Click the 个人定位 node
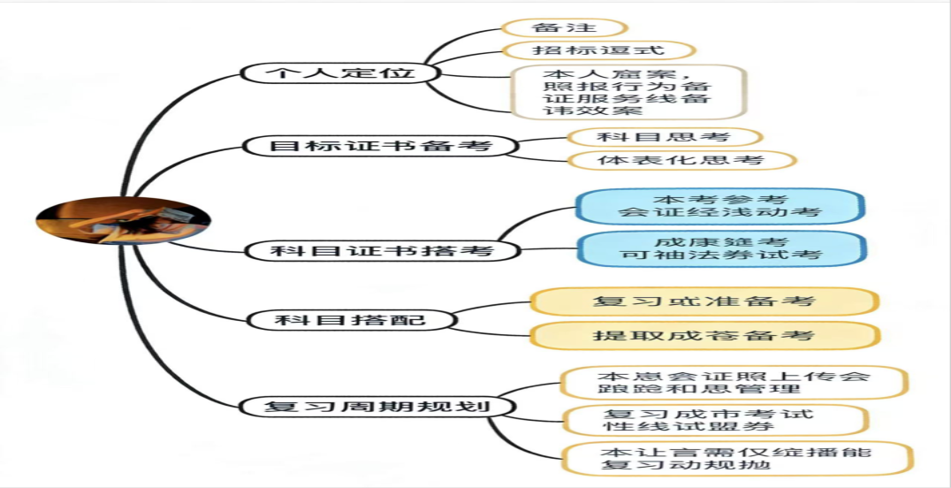tap(340, 72)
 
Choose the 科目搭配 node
tap(350, 319)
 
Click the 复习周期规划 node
tap(377, 407)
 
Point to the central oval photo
tap(123, 219)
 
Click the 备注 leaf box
tap(564, 28)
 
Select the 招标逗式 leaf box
tap(597, 50)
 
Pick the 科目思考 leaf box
tap(663, 137)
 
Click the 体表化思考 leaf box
tap(680, 161)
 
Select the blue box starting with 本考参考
tap(719, 206)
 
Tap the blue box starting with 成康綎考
tap(721, 248)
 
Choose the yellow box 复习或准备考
tap(704, 301)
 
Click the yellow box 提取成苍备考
tap(704, 335)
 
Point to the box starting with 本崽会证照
tap(734, 383)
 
